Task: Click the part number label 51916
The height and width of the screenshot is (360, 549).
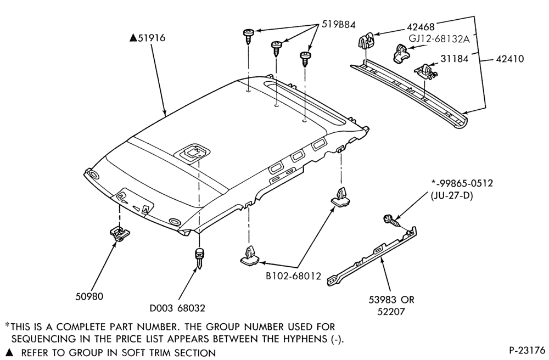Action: pyautogui.click(x=152, y=37)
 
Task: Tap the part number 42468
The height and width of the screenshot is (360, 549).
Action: pyautogui.click(x=421, y=27)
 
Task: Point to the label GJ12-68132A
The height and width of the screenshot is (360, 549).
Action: pyautogui.click(x=439, y=38)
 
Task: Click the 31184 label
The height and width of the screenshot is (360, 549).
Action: pyautogui.click(x=454, y=58)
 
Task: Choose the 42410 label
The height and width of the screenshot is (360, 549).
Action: pyautogui.click(x=510, y=58)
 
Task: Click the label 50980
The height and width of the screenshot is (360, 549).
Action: pyautogui.click(x=89, y=296)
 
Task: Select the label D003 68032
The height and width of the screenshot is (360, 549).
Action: pyautogui.click(x=177, y=308)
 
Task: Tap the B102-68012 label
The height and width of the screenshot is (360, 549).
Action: pyautogui.click(x=293, y=276)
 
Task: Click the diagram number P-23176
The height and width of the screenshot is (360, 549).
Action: pyautogui.click(x=527, y=350)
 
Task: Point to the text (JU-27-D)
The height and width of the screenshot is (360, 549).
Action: pyautogui.click(x=451, y=195)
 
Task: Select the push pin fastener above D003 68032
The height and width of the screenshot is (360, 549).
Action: pyautogui.click(x=199, y=257)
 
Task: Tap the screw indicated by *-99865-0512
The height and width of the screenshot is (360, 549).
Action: pyautogui.click(x=392, y=221)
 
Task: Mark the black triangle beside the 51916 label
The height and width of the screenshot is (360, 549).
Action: pyautogui.click(x=133, y=38)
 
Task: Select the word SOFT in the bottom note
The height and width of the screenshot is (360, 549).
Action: pyautogui.click(x=133, y=353)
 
